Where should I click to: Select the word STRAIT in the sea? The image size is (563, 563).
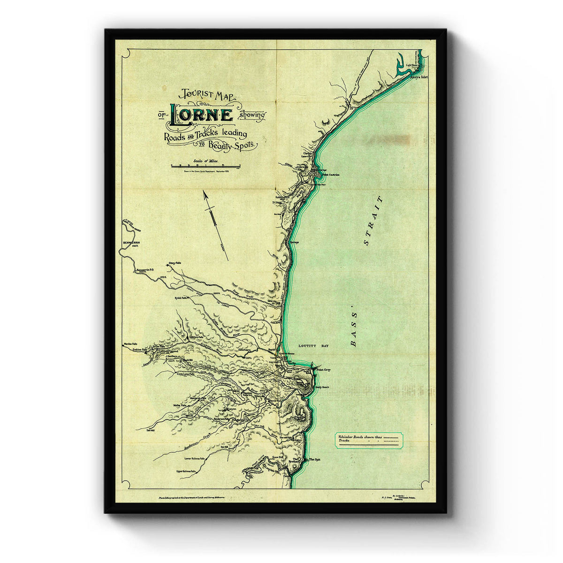pos(373,221)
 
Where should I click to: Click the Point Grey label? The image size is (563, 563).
pos(324,370)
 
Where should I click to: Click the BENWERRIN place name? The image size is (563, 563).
pos(129,243)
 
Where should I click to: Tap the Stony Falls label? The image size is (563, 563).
pos(175,264)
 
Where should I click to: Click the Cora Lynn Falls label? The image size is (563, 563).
pos(189,374)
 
